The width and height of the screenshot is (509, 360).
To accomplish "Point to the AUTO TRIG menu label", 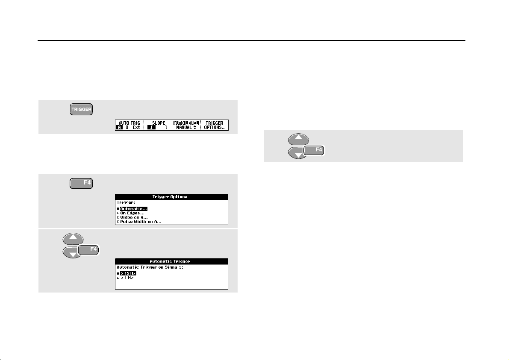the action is point(129,123).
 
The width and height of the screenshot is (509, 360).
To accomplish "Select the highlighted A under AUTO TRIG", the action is point(119,127).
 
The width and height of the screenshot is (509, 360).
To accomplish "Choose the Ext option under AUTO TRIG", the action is point(136,127).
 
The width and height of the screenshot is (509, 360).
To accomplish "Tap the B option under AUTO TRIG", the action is point(127,127).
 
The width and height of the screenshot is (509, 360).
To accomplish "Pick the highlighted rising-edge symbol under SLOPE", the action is point(149,127).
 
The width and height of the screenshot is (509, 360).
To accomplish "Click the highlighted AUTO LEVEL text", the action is point(186,123).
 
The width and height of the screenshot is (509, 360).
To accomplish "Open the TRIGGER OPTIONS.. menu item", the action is point(214,125).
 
